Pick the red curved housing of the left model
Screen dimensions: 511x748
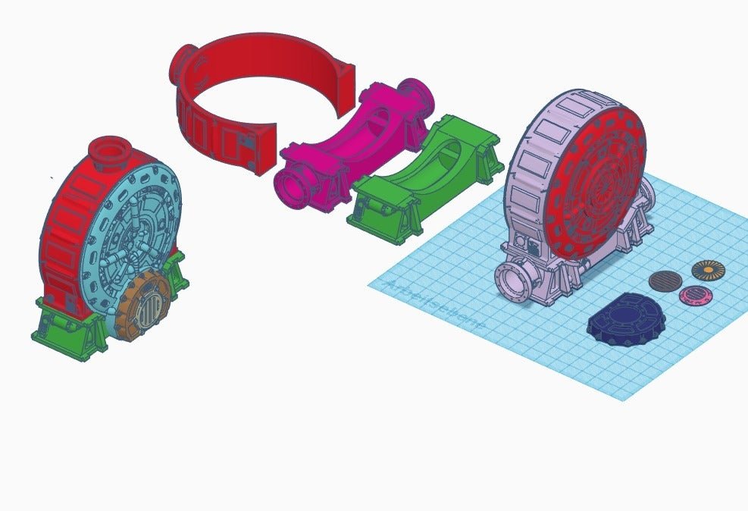pyautogui.click(x=64, y=227)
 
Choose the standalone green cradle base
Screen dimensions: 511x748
pyautogui.click(x=424, y=178)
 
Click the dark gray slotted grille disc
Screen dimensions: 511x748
pyautogui.click(x=665, y=281)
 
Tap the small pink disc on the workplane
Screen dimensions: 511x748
pyautogui.click(x=692, y=295)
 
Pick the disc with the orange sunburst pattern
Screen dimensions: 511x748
pyautogui.click(x=709, y=270)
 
